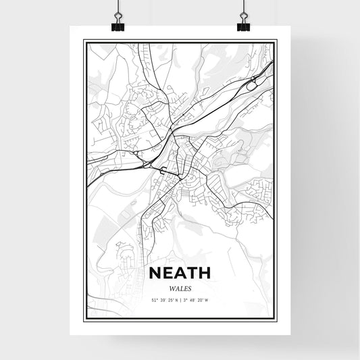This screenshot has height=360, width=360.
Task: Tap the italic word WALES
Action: (180, 288)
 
